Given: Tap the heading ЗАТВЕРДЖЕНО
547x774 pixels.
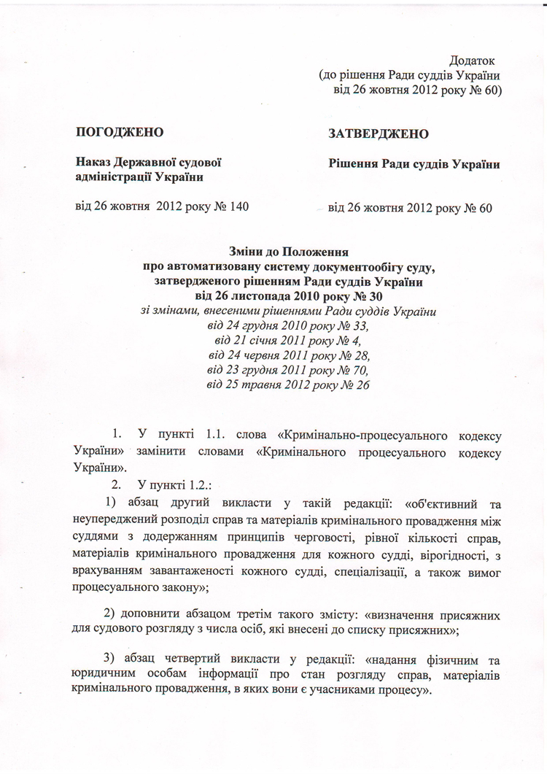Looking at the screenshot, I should [378, 134].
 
